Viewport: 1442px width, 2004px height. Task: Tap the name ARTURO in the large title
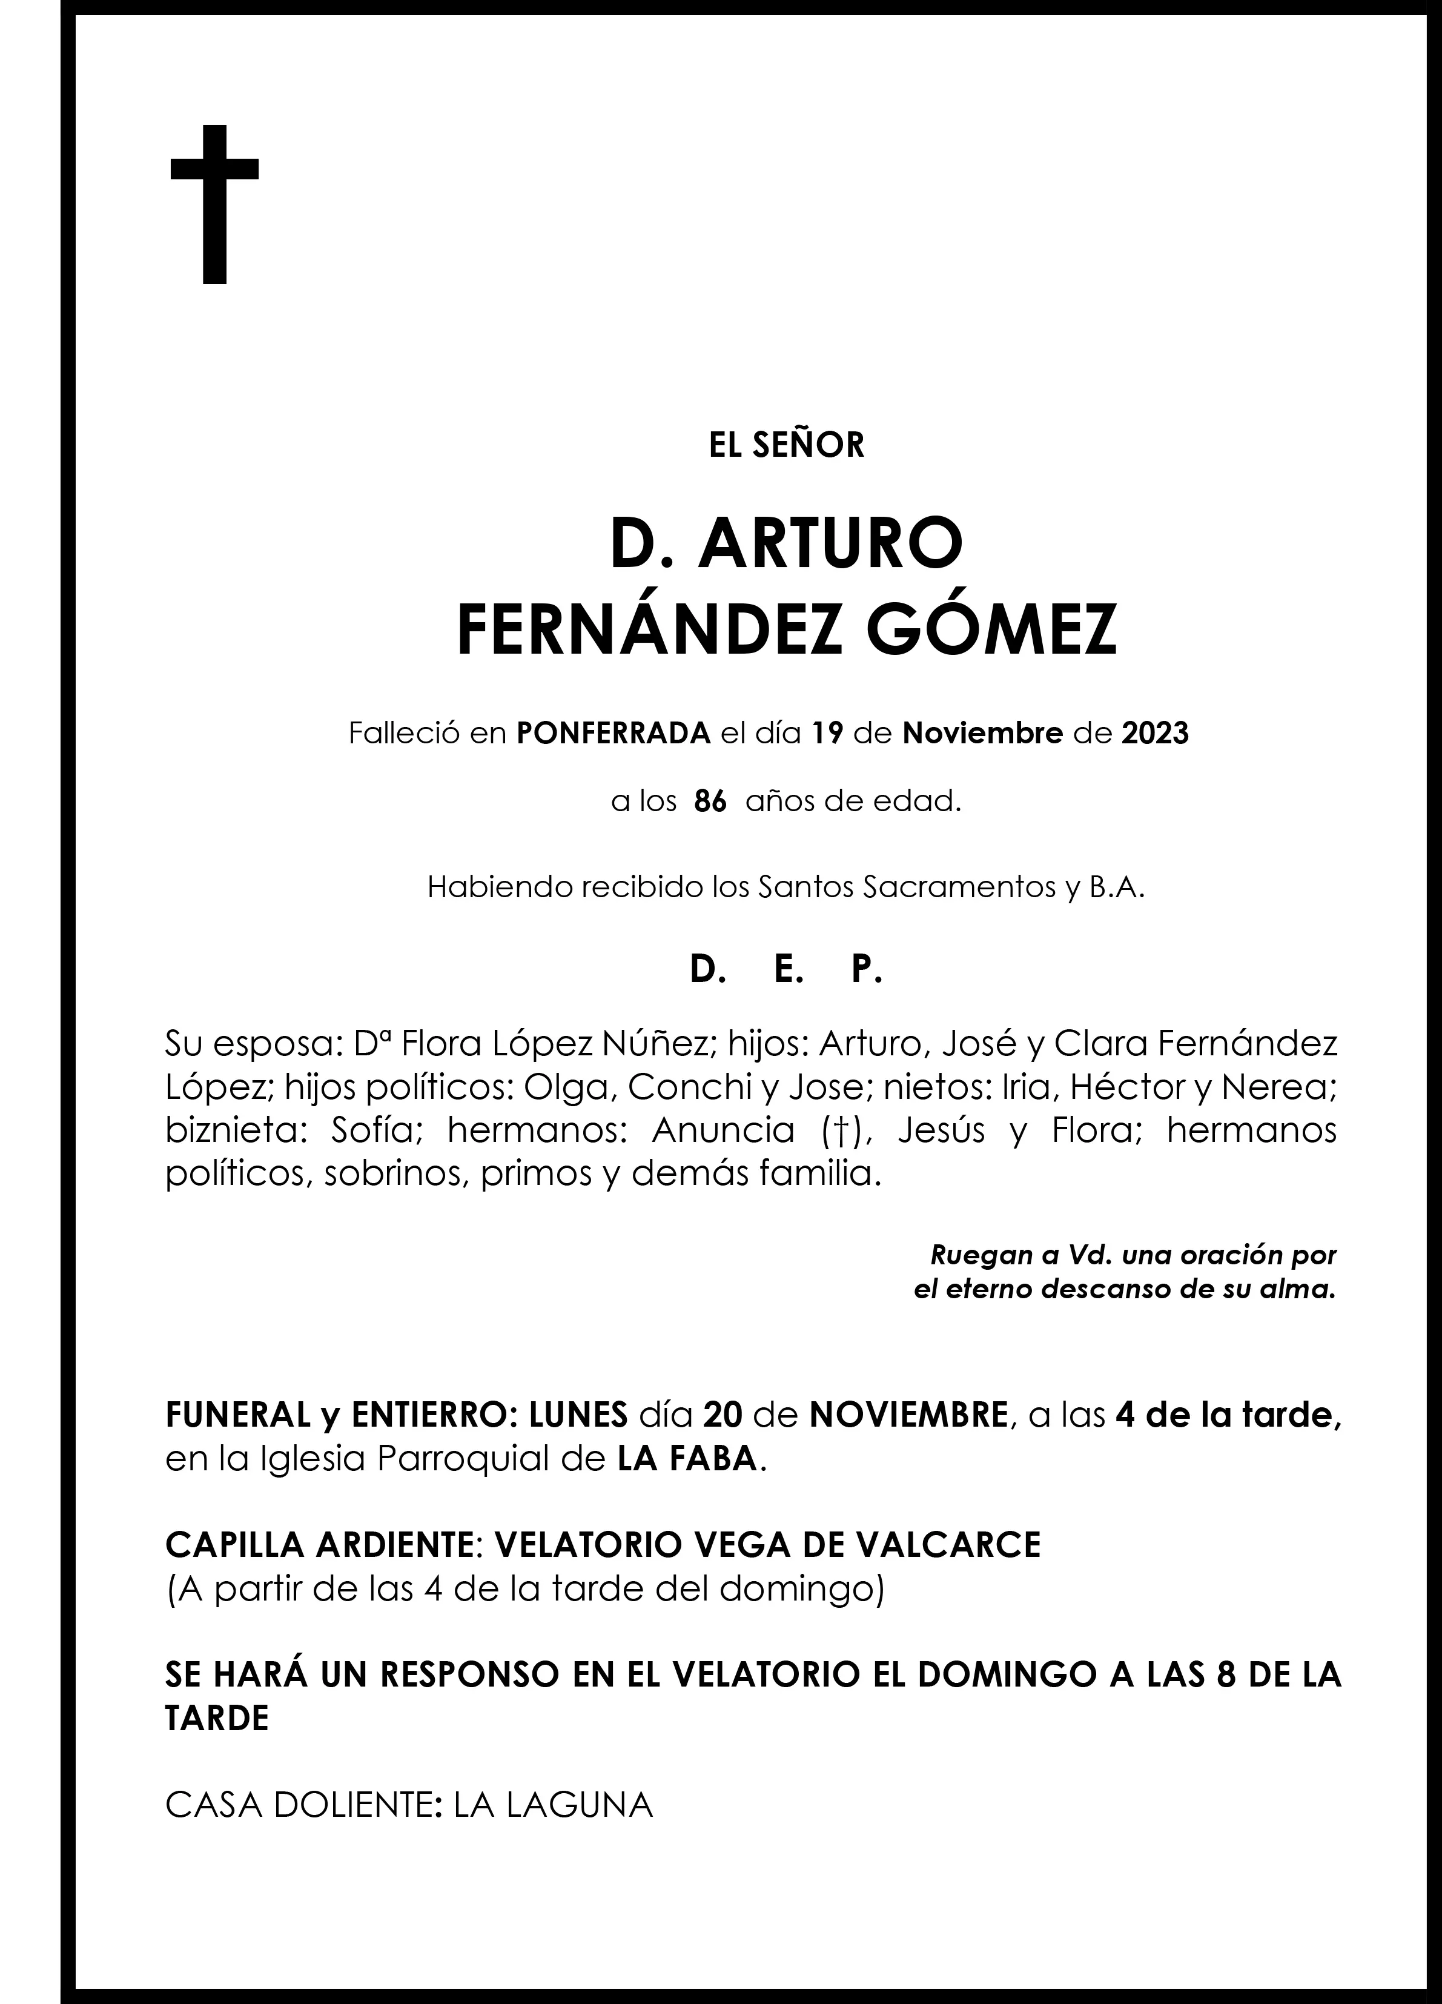(x=830, y=546)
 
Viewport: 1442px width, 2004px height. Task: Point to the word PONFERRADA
(x=614, y=734)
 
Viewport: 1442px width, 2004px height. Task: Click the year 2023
(x=1155, y=734)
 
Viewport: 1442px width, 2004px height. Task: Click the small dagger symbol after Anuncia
(x=824, y=1132)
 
